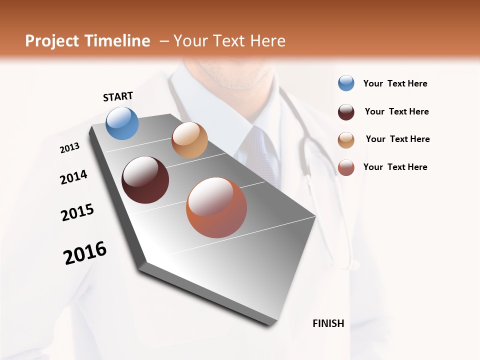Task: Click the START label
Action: (x=118, y=96)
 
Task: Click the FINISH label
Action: (x=328, y=323)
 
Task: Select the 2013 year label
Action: (x=69, y=148)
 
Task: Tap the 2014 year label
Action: (x=73, y=177)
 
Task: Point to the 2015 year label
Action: (x=77, y=212)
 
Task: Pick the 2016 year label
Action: (x=85, y=253)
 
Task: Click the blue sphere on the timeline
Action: (x=122, y=123)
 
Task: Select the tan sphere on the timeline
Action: (x=189, y=140)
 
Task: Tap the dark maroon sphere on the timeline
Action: (x=145, y=180)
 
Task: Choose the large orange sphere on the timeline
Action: (x=216, y=207)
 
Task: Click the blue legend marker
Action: (x=346, y=83)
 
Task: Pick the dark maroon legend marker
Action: (x=346, y=112)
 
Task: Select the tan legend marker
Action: (x=346, y=140)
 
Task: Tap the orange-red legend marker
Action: (x=346, y=167)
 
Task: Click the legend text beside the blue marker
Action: (x=395, y=83)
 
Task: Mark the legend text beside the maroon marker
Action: (x=396, y=111)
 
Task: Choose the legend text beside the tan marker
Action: (x=397, y=139)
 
